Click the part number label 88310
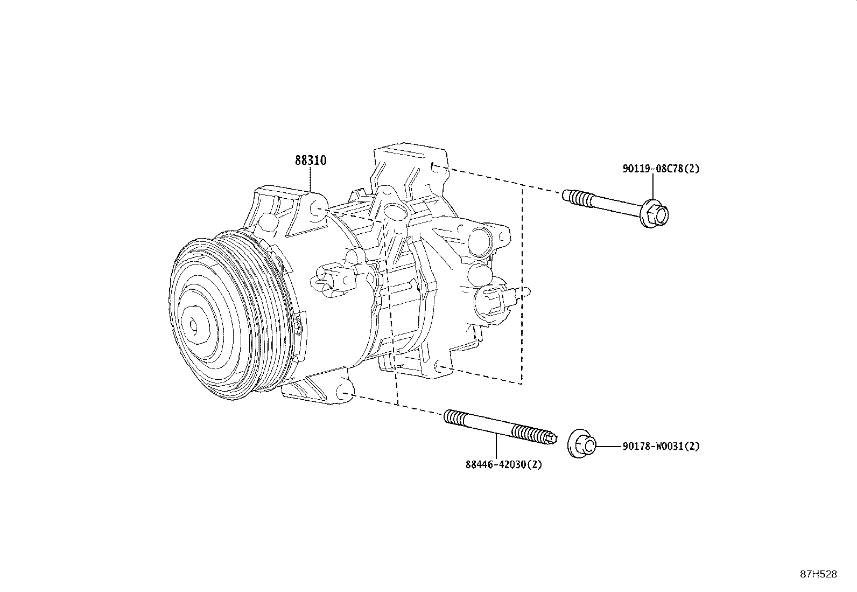311,161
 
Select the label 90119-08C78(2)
661,169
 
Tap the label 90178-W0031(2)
661,447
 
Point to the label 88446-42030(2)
503,464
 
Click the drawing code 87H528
818,574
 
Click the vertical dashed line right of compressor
522,285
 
